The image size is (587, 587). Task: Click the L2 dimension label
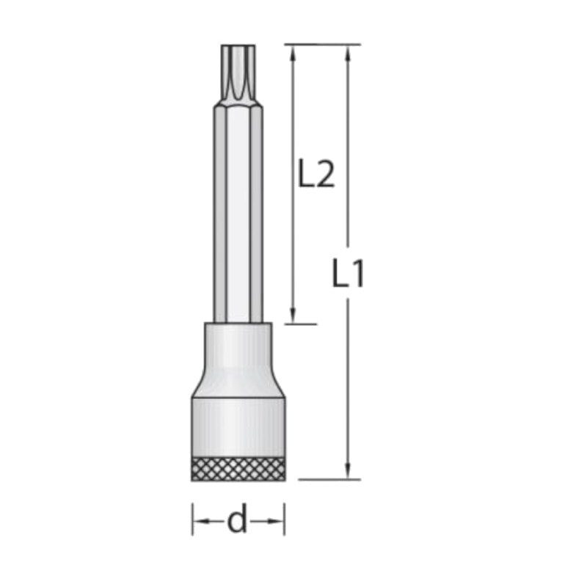coord(316,175)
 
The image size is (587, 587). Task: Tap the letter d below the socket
coord(237,522)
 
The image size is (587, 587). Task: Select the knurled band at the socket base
coord(238,468)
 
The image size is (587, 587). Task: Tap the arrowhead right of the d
coord(278,522)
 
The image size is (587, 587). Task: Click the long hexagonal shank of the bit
coord(238,220)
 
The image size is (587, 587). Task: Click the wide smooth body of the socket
coord(238,426)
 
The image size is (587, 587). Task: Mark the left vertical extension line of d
coord(192,518)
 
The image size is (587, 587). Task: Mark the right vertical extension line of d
coord(285,518)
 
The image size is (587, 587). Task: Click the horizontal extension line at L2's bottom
coord(297,324)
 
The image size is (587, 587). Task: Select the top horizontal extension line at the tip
coord(323,44)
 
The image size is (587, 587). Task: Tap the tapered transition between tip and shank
coord(238,107)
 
